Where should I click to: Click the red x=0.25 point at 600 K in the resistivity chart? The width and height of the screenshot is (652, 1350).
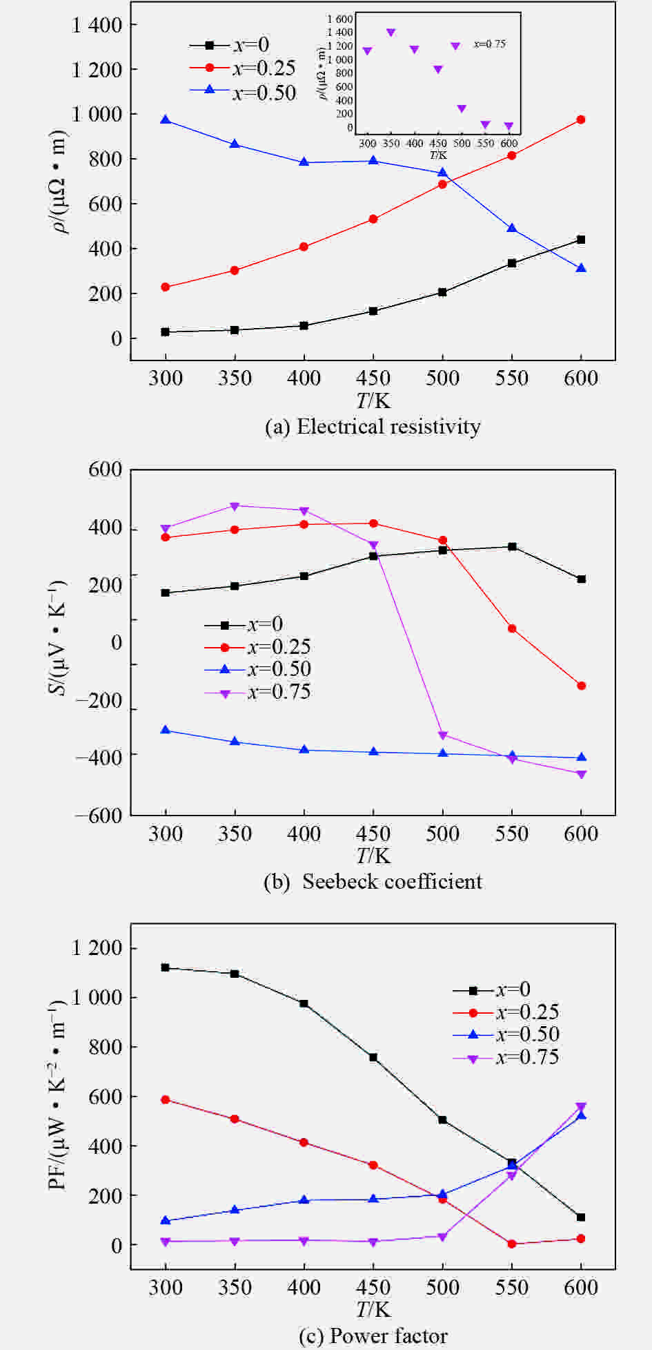pos(581,120)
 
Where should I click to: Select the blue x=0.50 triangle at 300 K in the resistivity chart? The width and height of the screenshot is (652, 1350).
pos(166,120)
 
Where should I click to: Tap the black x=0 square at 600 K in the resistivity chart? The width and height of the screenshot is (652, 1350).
pos(581,240)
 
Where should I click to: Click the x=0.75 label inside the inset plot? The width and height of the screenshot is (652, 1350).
pos(489,44)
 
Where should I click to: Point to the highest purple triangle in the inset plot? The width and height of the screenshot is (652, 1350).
pos(391,32)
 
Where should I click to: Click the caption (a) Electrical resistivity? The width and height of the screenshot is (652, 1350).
pos(373,427)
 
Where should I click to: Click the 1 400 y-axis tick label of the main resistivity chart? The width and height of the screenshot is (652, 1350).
pos(97,26)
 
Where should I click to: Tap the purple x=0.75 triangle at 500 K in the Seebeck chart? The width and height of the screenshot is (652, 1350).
pos(443,735)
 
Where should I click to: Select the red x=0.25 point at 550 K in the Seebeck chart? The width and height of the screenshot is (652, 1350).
pos(512,629)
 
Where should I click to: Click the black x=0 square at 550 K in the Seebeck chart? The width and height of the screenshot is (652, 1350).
pos(512,547)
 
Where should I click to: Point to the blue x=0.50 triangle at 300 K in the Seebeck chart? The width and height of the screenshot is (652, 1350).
pos(166,731)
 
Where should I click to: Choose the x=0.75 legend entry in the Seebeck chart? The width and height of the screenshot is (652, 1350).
pos(257,692)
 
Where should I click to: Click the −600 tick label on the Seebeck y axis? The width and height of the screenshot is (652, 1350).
pos(99,816)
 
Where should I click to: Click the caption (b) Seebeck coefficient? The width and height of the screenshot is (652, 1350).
pos(373,882)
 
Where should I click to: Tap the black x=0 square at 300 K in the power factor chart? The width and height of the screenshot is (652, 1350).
pos(166,968)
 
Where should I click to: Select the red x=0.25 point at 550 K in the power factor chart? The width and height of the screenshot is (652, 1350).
pos(512,1244)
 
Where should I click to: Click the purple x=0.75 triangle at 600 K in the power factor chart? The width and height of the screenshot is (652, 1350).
pos(581,1107)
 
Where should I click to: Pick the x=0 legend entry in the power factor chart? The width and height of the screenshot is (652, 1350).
pos(491,990)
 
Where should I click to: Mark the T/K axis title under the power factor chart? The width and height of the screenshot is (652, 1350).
pos(373,1309)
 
